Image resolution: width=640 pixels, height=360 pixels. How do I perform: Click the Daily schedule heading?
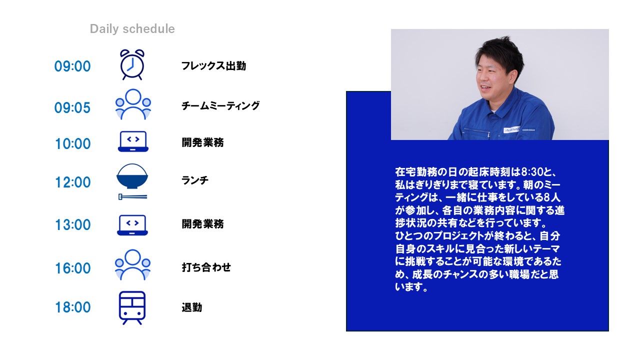click(132, 29)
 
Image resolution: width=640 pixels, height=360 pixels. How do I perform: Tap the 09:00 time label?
click(72, 66)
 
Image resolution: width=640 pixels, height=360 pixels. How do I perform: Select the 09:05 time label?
click(72, 107)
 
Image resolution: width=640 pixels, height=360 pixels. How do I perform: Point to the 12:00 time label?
click(73, 182)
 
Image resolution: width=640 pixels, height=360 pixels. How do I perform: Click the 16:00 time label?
click(73, 268)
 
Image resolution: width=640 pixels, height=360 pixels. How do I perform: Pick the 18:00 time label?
click(73, 307)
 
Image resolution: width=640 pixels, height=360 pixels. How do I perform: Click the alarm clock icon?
click(132, 64)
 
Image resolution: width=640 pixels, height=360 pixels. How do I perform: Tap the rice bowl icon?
click(132, 176)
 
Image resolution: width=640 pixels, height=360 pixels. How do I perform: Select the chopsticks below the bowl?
click(133, 197)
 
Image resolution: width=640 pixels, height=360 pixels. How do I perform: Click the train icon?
click(132, 307)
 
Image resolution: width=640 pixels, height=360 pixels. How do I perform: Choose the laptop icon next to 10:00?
click(133, 141)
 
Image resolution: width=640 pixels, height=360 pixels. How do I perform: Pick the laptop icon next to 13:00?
click(132, 225)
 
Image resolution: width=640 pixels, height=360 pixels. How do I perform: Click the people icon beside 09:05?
click(133, 104)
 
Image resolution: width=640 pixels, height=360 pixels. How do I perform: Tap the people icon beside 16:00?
click(132, 265)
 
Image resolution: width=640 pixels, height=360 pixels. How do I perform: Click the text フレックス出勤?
click(213, 66)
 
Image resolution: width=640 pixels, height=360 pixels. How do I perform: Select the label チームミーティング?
click(220, 105)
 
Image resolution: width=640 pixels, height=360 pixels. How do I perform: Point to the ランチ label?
click(195, 180)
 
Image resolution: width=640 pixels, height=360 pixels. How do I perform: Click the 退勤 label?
click(192, 307)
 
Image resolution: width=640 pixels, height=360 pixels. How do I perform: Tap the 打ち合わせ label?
click(206, 267)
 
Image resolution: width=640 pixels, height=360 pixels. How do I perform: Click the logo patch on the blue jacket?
click(512, 130)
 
